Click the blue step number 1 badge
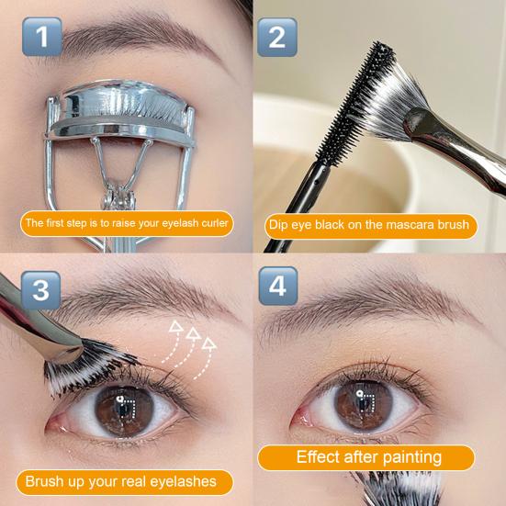(x=42, y=37)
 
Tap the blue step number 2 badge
(x=277, y=37)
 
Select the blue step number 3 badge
(x=41, y=290)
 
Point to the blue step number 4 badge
(x=278, y=286)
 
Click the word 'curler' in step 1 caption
(x=215, y=223)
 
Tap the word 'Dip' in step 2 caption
(x=278, y=225)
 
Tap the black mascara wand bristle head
(x=354, y=106)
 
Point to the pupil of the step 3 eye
(x=124, y=410)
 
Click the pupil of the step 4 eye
(x=364, y=404)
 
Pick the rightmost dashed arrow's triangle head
(x=208, y=343)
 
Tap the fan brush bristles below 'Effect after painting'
(x=400, y=488)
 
